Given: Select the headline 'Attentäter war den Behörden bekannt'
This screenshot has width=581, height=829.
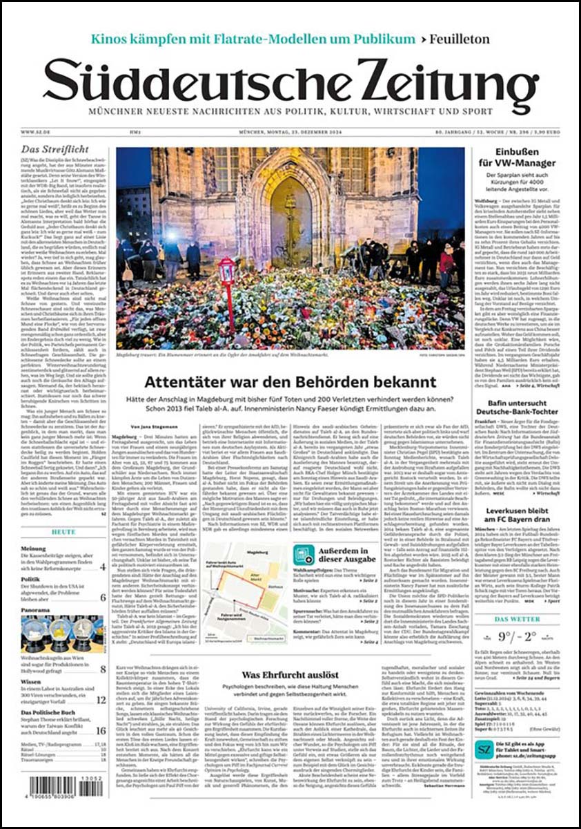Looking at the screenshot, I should pos(290,381).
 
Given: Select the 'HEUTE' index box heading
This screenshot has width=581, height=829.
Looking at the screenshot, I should pos(63,533).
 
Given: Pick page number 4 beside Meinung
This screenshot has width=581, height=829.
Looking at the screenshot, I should pos(103,566).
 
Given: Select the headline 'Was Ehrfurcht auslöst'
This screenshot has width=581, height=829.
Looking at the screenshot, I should pos(290,674).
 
